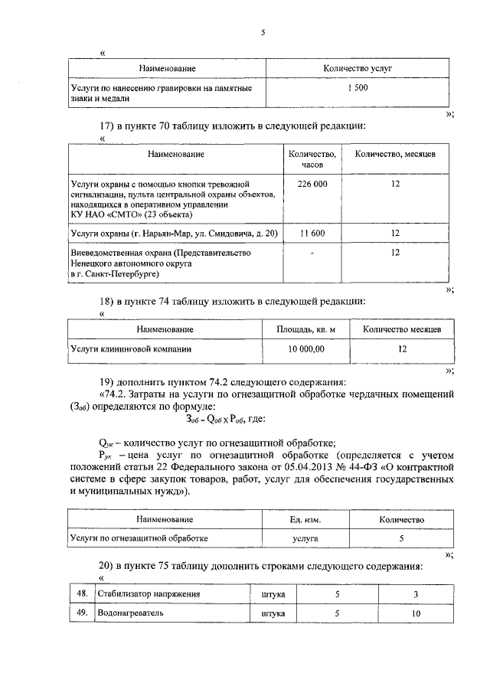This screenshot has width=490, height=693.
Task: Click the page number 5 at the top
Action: tap(262, 33)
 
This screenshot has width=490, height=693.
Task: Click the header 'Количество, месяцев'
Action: tap(395, 154)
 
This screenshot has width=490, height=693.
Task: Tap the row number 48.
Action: tap(80, 593)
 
